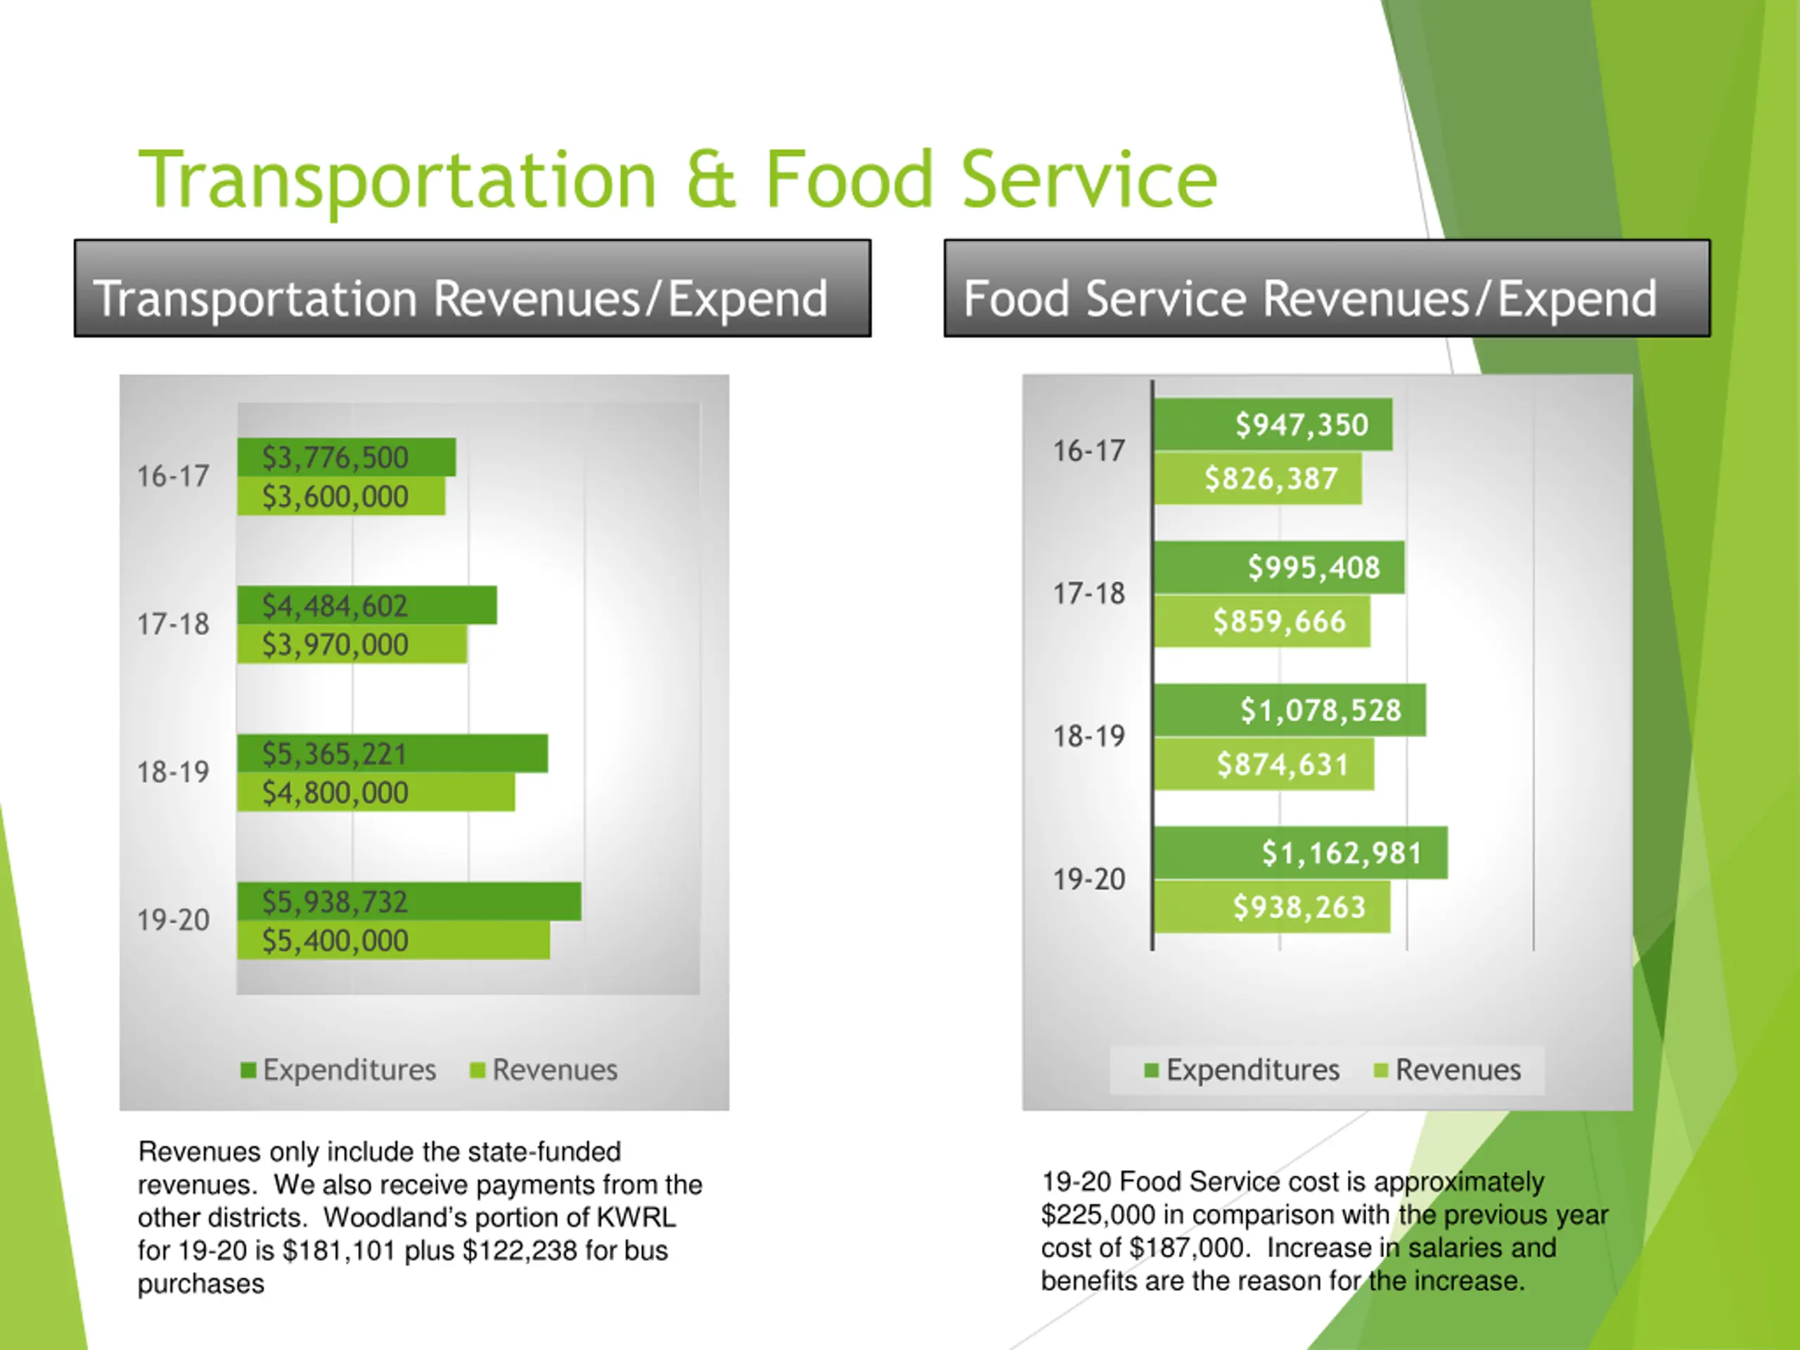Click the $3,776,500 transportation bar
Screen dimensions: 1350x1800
coord(347,457)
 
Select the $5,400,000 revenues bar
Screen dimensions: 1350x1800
coord(393,941)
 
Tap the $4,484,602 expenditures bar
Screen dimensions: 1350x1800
coord(367,605)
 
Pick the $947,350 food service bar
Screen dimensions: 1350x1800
coord(1273,425)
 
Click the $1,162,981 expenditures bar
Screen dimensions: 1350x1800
coord(1300,854)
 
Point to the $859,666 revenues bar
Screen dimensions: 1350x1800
coord(1262,622)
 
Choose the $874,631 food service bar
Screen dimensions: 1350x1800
coord(1264,765)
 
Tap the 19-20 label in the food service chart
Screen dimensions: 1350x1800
coord(1088,880)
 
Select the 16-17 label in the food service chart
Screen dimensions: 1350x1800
coord(1088,451)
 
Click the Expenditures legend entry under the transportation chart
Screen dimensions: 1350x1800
coord(340,1070)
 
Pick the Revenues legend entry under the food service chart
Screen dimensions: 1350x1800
coord(1448,1070)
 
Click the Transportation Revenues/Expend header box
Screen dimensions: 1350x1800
coord(472,289)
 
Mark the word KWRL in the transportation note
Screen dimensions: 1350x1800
coord(636,1217)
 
